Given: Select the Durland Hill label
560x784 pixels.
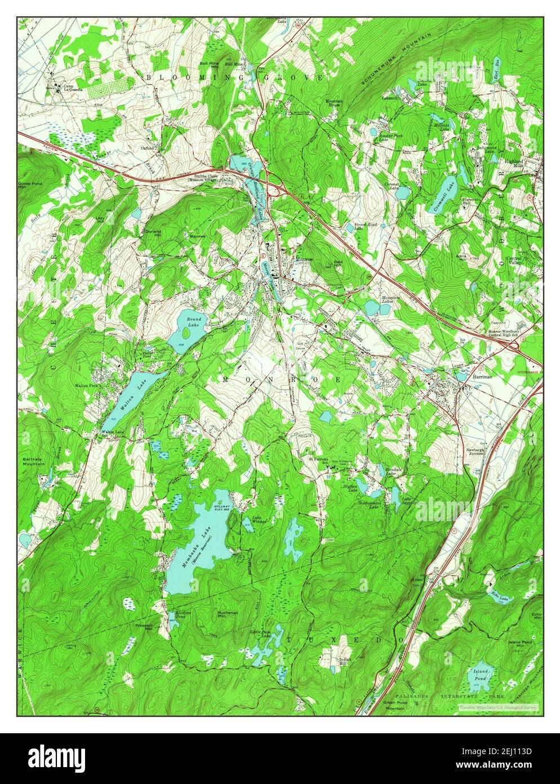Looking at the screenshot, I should pyautogui.click(x=153, y=232).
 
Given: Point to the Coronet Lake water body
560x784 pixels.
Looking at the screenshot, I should pyautogui.click(x=402, y=192).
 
